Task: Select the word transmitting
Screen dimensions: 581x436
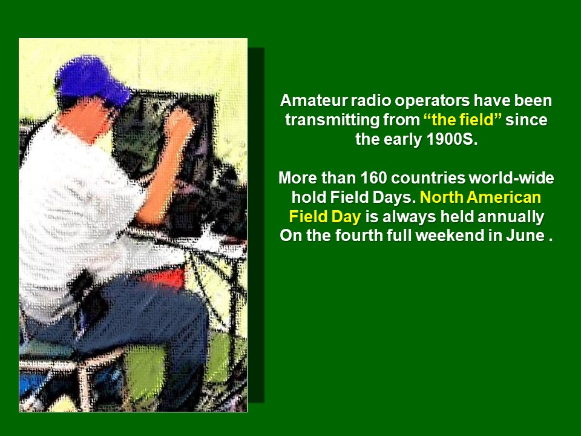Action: pos(332,120)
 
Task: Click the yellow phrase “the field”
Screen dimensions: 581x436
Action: pos(462,119)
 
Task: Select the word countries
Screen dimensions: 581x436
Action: pos(428,178)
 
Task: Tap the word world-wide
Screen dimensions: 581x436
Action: pos(511,178)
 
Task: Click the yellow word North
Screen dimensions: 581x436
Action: pos(441,197)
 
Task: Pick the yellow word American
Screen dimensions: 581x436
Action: pos(504,197)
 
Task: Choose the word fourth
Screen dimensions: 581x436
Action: pos(359,236)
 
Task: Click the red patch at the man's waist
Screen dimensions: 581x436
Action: pos(165,279)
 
